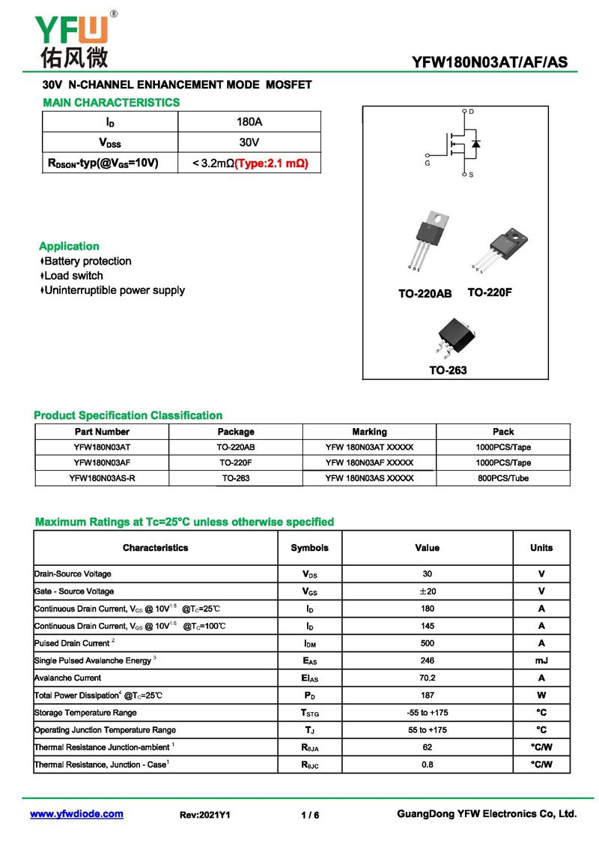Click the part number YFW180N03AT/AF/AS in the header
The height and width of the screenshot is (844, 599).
(490, 63)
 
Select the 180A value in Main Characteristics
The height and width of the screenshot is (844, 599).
(249, 121)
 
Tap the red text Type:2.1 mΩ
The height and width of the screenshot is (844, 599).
(272, 163)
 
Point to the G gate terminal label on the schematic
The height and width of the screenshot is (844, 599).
(428, 163)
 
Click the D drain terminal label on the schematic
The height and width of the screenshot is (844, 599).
(471, 112)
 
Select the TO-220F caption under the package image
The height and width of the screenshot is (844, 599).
(490, 292)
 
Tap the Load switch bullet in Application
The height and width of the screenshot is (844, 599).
(73, 276)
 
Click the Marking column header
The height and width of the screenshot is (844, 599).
(369, 432)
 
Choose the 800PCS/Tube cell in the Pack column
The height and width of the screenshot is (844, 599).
(503, 478)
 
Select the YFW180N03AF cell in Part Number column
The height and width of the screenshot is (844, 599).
(102, 462)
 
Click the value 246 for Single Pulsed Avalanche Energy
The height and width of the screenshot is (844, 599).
(427, 660)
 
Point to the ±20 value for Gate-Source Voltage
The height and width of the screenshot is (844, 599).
(427, 591)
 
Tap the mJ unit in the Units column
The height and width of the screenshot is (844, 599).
(541, 660)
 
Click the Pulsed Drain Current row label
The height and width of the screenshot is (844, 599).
(72, 643)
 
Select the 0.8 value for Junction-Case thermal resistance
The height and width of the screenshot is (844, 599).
(427, 765)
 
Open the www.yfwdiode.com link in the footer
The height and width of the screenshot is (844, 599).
(76, 814)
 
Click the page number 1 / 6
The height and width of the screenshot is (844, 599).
(310, 815)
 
